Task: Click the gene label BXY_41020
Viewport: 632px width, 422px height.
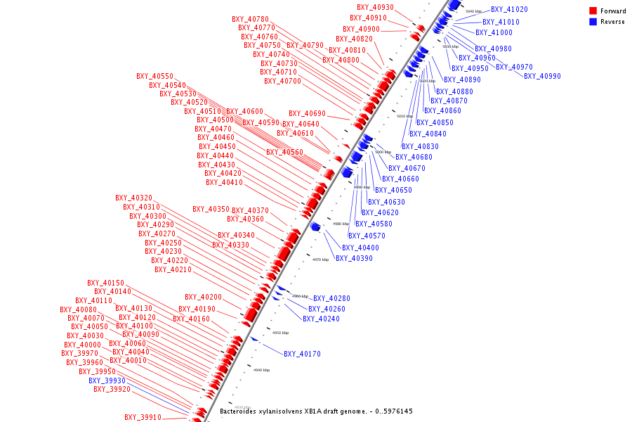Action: (509, 10)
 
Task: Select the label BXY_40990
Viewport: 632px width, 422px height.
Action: (542, 76)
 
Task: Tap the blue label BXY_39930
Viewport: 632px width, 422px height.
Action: (107, 381)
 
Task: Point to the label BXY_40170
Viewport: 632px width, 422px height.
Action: (302, 354)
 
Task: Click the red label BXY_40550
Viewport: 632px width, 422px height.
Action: (154, 76)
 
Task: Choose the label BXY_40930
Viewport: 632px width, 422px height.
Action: (375, 8)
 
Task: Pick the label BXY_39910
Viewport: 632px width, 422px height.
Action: (143, 417)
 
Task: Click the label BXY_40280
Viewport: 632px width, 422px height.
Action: (331, 298)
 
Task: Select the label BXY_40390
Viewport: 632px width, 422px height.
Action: (354, 258)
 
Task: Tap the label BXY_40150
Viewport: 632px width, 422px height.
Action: (105, 283)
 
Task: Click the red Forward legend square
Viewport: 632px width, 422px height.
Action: (593, 11)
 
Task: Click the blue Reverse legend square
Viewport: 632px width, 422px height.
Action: (593, 22)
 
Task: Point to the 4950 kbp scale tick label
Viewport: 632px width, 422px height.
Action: (280, 333)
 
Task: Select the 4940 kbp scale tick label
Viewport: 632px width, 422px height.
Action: (261, 370)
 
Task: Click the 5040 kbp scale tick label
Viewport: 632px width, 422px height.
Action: (474, 12)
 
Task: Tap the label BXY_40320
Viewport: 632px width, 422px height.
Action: (133, 198)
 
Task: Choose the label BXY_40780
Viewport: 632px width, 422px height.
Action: (250, 19)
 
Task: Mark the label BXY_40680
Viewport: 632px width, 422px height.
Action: (414, 157)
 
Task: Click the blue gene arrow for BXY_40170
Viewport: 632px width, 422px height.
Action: (254, 339)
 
